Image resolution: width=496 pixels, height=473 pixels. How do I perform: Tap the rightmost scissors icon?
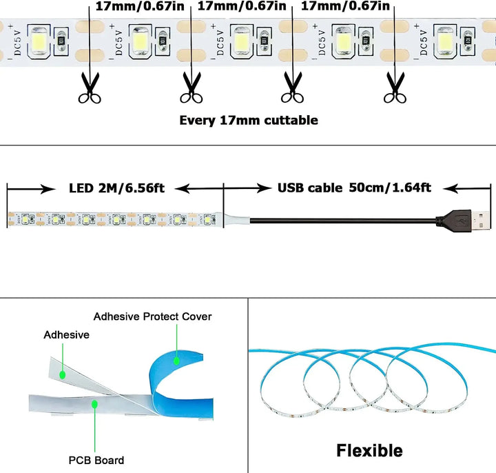point(394,87)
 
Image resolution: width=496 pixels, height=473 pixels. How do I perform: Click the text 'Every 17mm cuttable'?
point(249,120)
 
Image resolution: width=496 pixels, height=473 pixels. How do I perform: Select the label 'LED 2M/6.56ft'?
point(116,188)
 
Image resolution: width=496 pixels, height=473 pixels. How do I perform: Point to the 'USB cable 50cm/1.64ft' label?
point(354,188)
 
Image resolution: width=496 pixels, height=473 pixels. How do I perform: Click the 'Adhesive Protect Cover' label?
point(152,316)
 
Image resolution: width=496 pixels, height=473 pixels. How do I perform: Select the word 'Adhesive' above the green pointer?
point(66,334)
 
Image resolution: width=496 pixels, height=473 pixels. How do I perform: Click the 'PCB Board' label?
point(96,460)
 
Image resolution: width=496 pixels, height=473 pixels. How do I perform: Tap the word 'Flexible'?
point(369,451)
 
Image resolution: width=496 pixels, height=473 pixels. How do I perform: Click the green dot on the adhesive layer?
point(63,374)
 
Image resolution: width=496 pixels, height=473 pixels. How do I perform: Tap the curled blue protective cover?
point(172,376)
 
